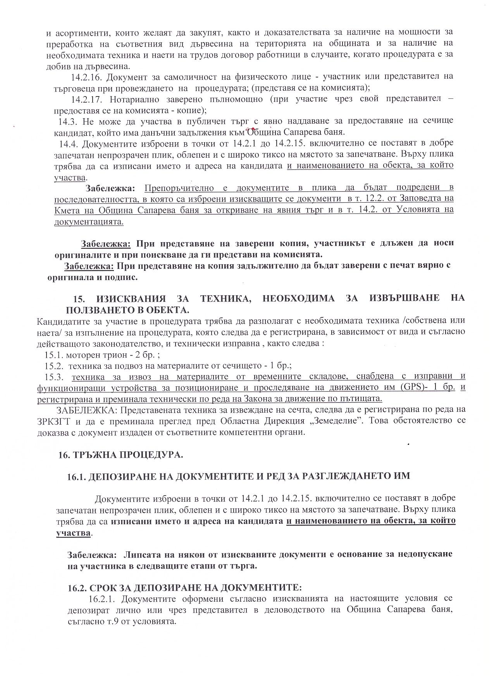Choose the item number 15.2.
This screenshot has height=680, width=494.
click(55, 365)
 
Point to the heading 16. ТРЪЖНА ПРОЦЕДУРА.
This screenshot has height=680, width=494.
click(120, 454)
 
